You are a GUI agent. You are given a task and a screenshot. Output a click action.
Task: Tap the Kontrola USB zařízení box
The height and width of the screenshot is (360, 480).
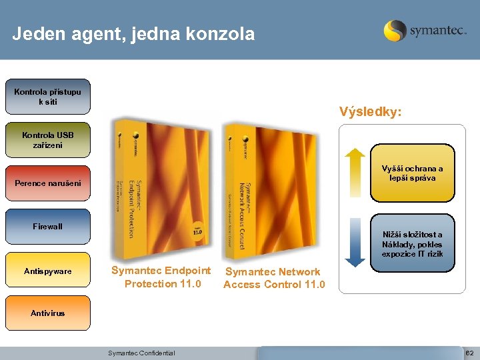(x=48, y=140)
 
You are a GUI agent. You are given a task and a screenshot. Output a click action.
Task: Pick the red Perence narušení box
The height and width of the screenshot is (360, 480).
(x=48, y=183)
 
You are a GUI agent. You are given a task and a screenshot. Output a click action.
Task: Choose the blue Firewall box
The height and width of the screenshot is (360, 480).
(x=48, y=227)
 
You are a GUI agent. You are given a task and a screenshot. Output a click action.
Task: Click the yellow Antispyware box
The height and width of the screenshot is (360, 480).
(x=48, y=271)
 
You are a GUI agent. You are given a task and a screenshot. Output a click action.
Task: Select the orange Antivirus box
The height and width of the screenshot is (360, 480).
(x=48, y=313)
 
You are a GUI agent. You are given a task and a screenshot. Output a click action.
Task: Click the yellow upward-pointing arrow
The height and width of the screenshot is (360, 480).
(x=353, y=173)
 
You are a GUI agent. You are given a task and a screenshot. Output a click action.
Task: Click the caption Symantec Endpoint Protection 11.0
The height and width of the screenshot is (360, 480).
(x=161, y=277)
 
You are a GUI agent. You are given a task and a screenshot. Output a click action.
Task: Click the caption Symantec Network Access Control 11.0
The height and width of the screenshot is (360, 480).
(x=274, y=279)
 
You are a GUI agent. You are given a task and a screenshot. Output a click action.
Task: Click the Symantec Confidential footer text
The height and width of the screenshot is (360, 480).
(x=141, y=353)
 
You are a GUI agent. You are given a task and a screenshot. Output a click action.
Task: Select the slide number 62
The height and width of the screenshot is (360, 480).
(x=469, y=353)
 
